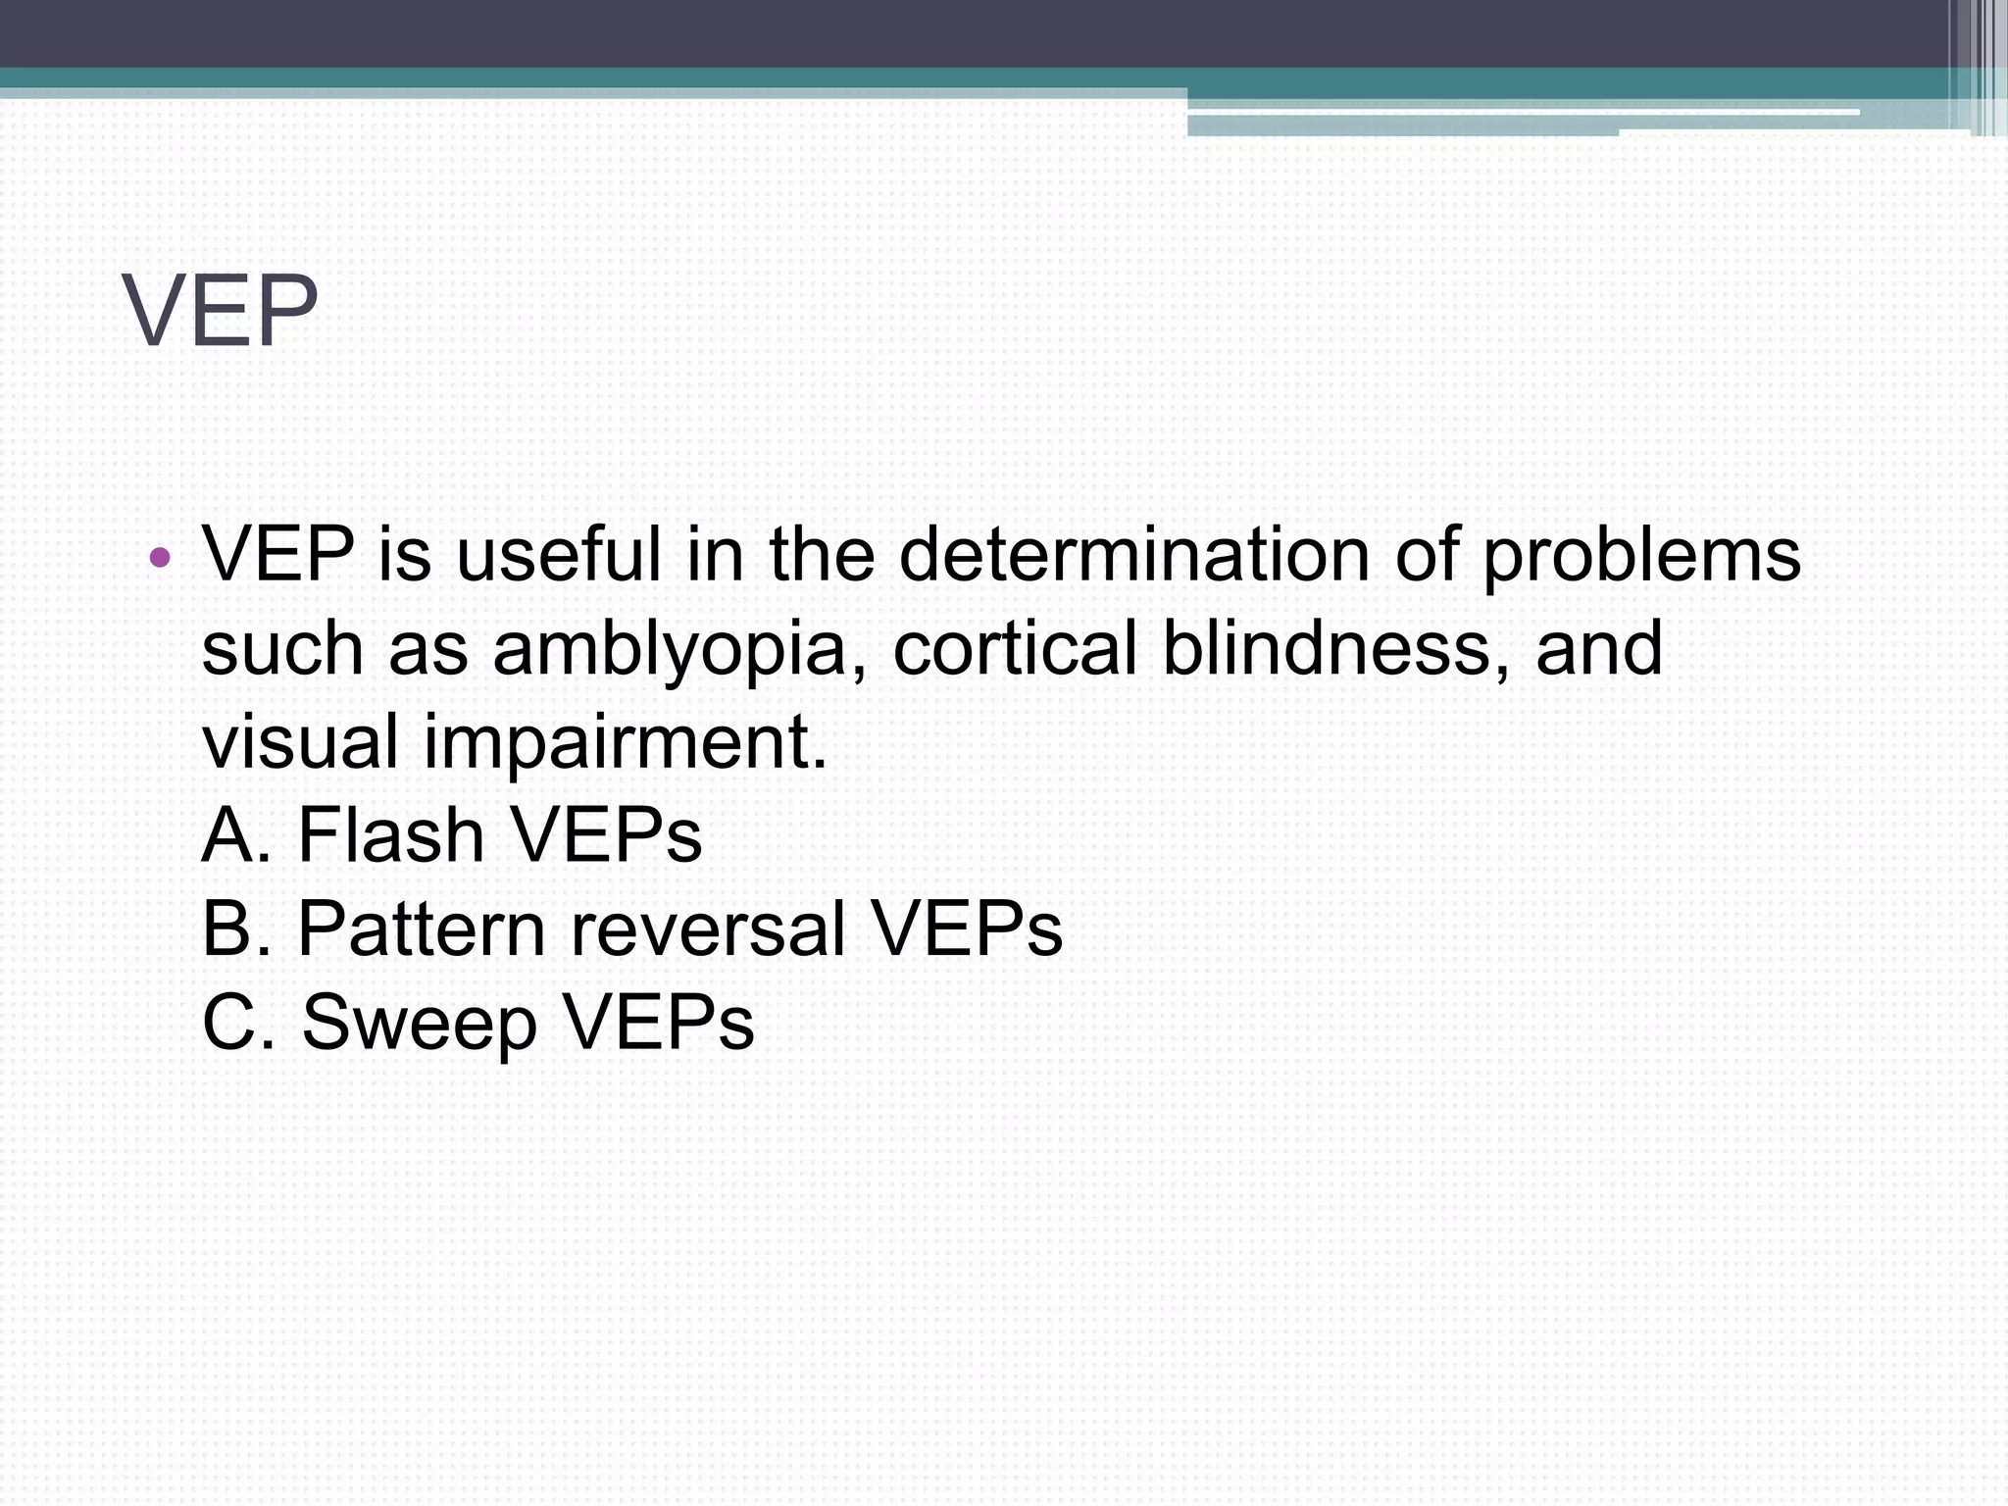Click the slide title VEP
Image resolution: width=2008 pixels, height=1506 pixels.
click(x=221, y=311)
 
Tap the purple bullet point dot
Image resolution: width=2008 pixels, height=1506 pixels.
click(x=160, y=559)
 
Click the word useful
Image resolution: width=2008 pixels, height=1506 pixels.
click(x=559, y=554)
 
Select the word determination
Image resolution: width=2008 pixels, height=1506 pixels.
click(x=1133, y=554)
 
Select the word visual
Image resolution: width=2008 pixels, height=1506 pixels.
click(x=300, y=740)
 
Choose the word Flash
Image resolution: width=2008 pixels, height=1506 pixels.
click(x=390, y=834)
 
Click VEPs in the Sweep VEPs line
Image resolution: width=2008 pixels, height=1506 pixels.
click(x=658, y=1021)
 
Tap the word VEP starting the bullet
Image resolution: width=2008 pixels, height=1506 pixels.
click(x=277, y=554)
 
